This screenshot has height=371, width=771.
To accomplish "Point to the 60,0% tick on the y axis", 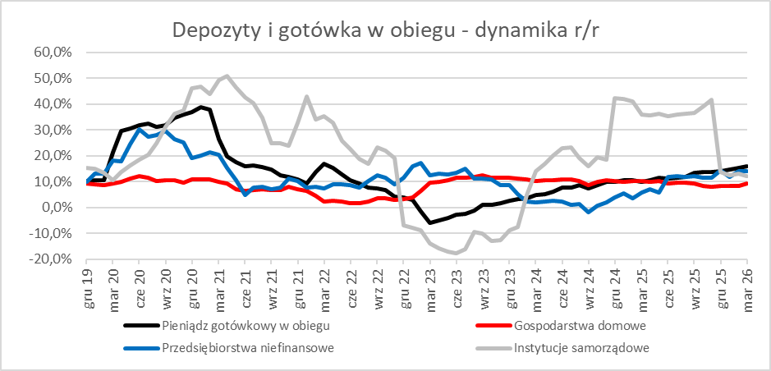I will [x=54, y=52].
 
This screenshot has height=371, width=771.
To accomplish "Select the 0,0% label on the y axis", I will [x=57, y=208].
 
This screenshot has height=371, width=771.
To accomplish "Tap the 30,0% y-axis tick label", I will [x=54, y=130].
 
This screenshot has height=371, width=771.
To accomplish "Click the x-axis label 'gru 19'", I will [x=88, y=282].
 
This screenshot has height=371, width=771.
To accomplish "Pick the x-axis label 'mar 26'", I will [x=746, y=282].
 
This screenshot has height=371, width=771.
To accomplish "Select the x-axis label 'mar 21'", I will [x=219, y=282].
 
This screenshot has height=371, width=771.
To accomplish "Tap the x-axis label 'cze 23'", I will [x=457, y=282].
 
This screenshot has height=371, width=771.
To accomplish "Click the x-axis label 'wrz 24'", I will [x=589, y=282].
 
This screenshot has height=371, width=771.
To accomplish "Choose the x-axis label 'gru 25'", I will [x=720, y=282].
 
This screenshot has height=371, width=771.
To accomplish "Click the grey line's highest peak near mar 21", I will [x=227, y=76].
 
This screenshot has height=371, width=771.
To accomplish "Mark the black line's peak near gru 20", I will [x=201, y=107].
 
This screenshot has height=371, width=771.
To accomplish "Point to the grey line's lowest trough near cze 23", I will [x=457, y=253].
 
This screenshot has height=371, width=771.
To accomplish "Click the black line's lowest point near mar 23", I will [x=429, y=222].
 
